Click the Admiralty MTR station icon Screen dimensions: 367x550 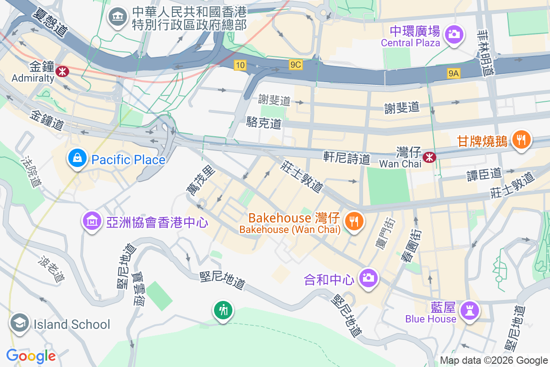(x=62, y=71)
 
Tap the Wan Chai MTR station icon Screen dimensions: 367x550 (x=429, y=157)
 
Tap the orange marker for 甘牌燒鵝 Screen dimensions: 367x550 (x=521, y=139)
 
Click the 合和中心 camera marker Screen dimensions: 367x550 (x=368, y=278)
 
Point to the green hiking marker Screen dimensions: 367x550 (x=223, y=311)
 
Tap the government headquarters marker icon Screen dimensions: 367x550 (x=118, y=17)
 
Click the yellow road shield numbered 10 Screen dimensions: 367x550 (x=240, y=66)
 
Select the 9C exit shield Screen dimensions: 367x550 (x=296, y=65)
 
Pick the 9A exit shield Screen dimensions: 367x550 (x=454, y=73)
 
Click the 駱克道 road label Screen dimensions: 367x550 (x=264, y=122)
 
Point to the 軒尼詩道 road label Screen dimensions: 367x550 (x=346, y=158)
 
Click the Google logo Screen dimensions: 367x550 (x=31, y=356)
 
